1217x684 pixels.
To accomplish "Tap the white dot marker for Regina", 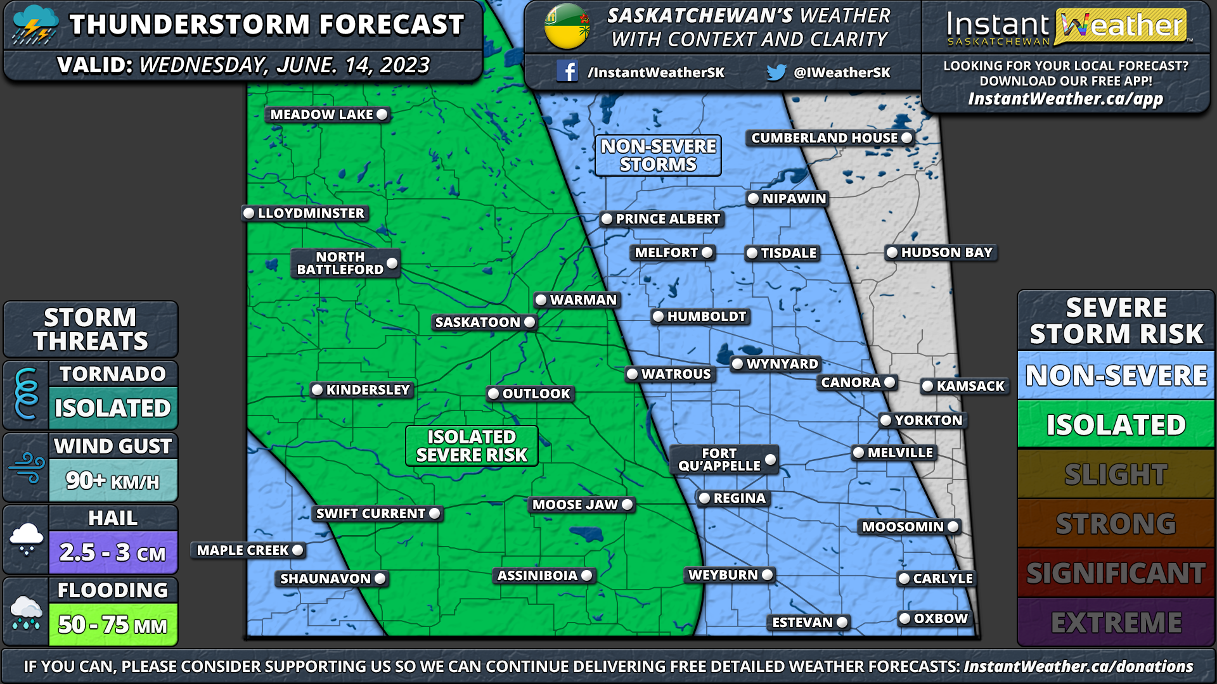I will point(704,498).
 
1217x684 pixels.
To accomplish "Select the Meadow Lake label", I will point(322,115).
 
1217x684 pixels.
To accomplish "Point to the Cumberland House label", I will point(824,138).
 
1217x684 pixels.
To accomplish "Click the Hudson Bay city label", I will point(946,253).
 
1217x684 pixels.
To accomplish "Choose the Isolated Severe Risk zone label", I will point(472,446).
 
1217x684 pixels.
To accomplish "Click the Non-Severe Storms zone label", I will point(658,155).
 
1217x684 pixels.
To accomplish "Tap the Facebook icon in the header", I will point(567,72).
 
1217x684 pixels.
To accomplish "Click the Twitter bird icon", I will point(776,72).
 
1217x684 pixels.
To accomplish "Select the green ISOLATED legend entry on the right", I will point(1116,424).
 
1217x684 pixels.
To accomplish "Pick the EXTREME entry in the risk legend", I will point(1116,623).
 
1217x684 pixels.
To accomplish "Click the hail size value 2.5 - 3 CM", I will point(113,552).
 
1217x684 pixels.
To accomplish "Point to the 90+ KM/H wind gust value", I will point(113,481).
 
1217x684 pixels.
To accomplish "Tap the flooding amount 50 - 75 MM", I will point(113,624).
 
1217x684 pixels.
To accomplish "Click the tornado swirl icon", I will point(26,394).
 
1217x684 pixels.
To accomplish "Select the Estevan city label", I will point(802,623).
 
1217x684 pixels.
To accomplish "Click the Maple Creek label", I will point(243,550).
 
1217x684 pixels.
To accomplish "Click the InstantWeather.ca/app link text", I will point(1066,99).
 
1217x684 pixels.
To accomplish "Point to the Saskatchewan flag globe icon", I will point(567,27).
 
